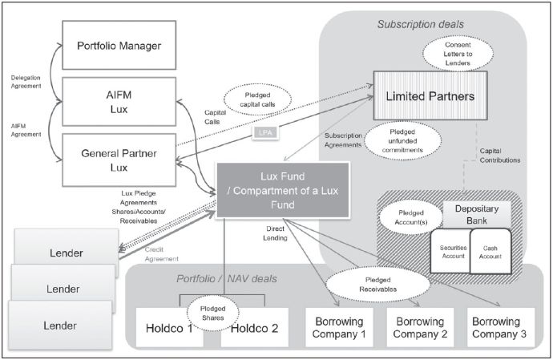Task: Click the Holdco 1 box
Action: tap(169, 326)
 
